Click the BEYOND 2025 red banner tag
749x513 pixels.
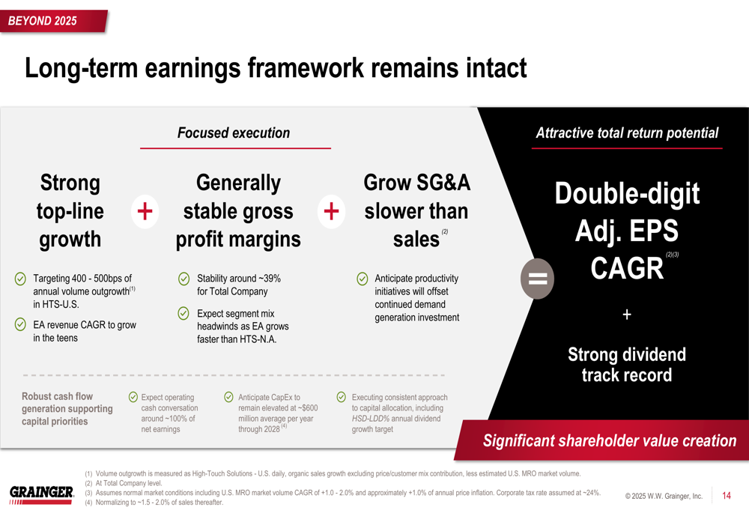(53, 21)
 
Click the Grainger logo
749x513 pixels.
(41, 495)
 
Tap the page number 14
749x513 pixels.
(726, 496)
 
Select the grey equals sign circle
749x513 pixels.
(537, 279)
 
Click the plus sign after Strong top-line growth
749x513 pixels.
(145, 211)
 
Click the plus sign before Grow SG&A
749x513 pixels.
(331, 211)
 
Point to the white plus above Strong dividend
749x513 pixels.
(627, 315)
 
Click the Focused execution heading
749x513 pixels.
(234, 133)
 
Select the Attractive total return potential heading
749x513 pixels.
(627, 133)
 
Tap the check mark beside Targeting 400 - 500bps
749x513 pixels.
(20, 279)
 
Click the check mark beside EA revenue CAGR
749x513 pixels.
(20, 324)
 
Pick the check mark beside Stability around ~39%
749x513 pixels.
(184, 279)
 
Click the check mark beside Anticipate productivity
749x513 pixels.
(363, 279)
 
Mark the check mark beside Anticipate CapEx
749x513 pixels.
(228, 397)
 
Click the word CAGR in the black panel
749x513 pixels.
(627, 268)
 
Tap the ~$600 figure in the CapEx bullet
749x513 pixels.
(308, 408)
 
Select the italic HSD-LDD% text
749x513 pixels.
(371, 419)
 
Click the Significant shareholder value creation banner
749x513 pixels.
(603, 440)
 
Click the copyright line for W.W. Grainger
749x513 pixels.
(664, 497)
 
